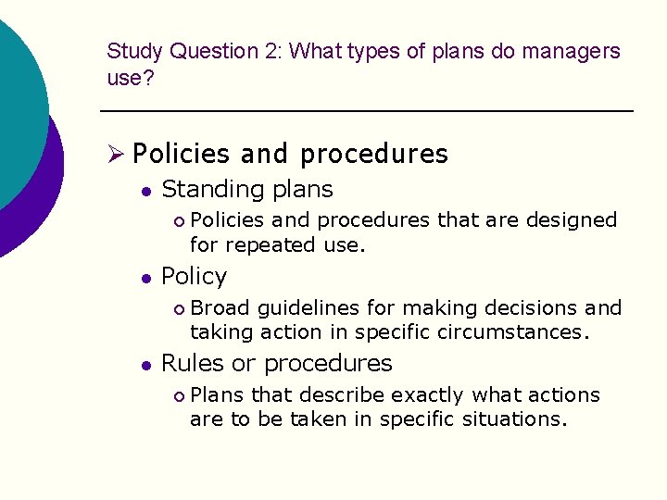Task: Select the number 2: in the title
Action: [x=271, y=52]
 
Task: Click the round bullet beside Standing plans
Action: [x=145, y=191]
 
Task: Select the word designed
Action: [x=571, y=220]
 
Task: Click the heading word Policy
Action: [x=194, y=277]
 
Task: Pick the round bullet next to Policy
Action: [x=145, y=278]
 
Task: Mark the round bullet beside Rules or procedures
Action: [x=145, y=365]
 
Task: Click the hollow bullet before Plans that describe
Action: [x=179, y=395]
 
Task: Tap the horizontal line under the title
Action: [x=366, y=111]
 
